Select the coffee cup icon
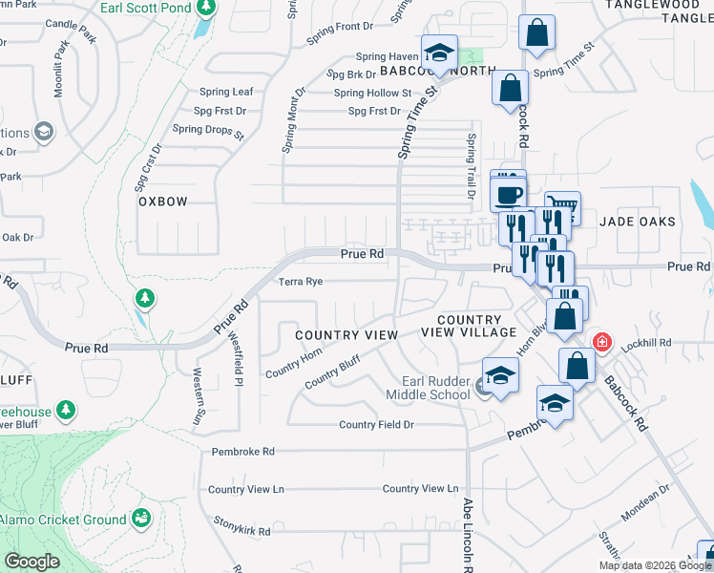(x=508, y=195)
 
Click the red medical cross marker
(x=602, y=342)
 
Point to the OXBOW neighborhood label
(x=163, y=202)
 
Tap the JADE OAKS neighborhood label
(x=637, y=222)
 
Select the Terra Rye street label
(x=301, y=282)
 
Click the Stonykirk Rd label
(x=242, y=531)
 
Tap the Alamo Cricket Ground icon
(x=141, y=519)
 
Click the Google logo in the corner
(x=31, y=561)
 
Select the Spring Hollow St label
(x=372, y=93)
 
